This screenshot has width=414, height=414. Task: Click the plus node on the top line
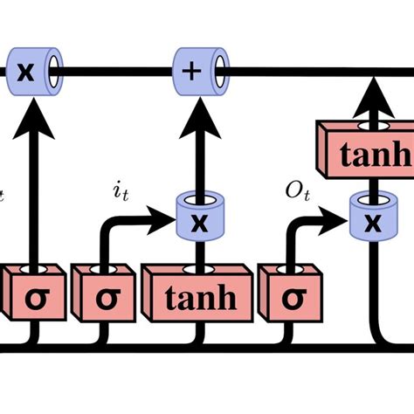(192, 66)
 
